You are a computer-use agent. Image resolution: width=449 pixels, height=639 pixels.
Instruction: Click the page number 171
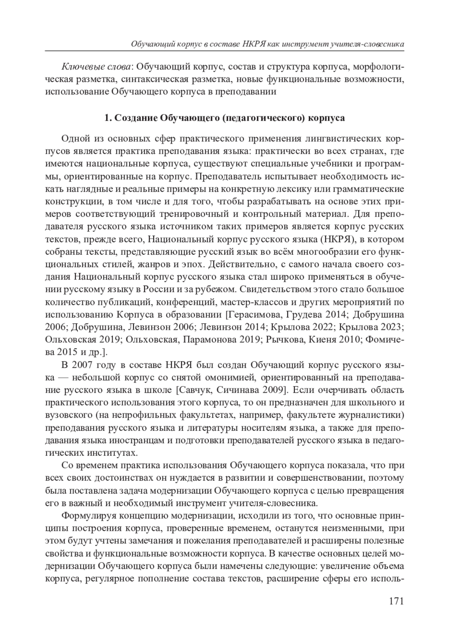396,601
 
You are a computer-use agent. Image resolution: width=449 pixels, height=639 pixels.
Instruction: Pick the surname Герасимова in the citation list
254,314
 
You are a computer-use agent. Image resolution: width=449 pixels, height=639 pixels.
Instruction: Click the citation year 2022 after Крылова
322,327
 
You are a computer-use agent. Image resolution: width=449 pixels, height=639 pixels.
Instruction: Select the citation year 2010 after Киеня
351,340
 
